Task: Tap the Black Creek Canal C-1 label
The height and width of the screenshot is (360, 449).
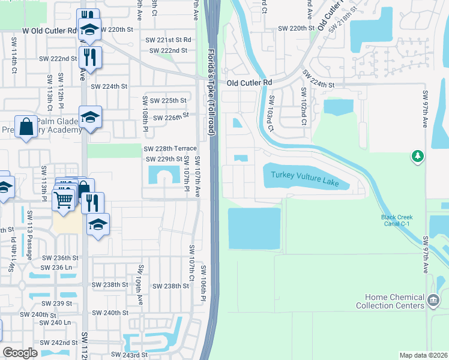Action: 397,220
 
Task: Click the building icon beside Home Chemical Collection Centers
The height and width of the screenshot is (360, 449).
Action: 433,299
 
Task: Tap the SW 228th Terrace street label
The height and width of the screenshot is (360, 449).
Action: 169,148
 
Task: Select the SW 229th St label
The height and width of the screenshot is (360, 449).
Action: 164,159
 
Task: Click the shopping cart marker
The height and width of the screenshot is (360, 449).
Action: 63,200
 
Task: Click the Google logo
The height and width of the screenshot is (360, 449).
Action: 20,352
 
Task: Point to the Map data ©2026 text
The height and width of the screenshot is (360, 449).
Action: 423,355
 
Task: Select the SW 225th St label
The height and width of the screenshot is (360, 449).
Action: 168,100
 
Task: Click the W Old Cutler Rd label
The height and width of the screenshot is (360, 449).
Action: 50,29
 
